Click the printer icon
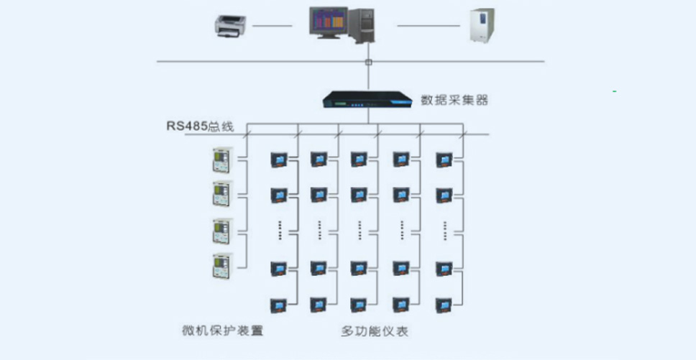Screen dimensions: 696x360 pos(231,26)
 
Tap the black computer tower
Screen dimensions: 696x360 pos(361,25)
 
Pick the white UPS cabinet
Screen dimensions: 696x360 pos(482,25)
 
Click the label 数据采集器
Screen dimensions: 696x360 pos(454,100)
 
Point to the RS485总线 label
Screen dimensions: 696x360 pos(200,126)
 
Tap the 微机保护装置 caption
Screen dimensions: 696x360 pos(223,331)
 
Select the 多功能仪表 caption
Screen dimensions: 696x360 pos(375,331)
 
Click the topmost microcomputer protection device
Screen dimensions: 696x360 pos(223,160)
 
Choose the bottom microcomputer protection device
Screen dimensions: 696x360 pos(223,266)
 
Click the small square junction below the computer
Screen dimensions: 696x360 pos(368,62)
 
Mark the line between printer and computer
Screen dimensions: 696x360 pos(272,26)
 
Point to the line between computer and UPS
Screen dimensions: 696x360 pos(429,26)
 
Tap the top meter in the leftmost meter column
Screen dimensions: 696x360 pos(279,160)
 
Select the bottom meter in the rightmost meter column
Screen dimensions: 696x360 pos(444,305)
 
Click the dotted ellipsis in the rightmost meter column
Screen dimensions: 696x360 pos(445,231)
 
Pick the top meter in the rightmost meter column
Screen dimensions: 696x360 pos(444,160)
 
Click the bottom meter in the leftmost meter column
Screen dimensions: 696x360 pos(279,305)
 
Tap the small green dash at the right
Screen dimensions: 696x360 pos(614,91)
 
